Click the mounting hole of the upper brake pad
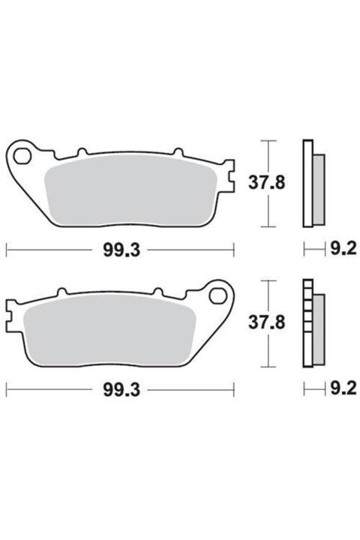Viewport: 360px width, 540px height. coord(22,157)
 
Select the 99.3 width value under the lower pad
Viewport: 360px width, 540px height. coord(121,390)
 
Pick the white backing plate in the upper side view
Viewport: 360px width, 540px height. coord(306,183)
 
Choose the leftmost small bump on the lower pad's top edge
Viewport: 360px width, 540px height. coord(62,292)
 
